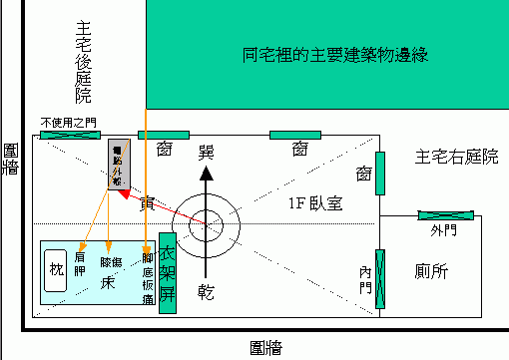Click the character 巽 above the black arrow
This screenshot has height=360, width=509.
tap(206, 152)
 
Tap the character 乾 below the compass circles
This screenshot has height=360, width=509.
tap(206, 291)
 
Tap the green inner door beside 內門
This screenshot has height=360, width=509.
tap(379, 273)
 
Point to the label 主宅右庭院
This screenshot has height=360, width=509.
tap(456, 158)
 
